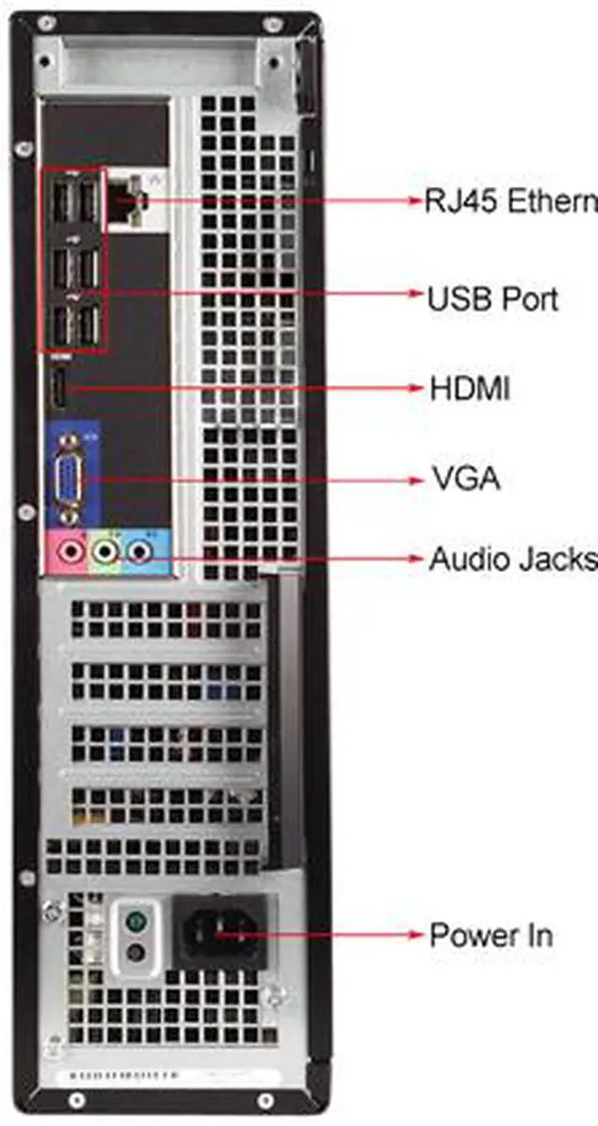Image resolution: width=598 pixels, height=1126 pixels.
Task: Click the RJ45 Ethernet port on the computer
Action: click(123, 197)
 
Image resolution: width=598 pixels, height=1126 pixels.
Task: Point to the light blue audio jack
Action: click(140, 553)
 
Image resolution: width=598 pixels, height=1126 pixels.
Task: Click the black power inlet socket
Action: click(218, 932)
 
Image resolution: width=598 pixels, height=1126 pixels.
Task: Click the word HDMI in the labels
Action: click(470, 389)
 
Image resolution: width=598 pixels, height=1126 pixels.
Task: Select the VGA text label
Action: click(465, 479)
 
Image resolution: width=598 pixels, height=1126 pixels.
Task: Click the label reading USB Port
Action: click(491, 299)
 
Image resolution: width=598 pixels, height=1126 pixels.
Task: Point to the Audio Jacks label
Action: click(511, 559)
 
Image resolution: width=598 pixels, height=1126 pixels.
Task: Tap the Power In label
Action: click(491, 934)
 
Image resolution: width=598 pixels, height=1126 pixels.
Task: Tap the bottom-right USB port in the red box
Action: click(90, 324)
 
